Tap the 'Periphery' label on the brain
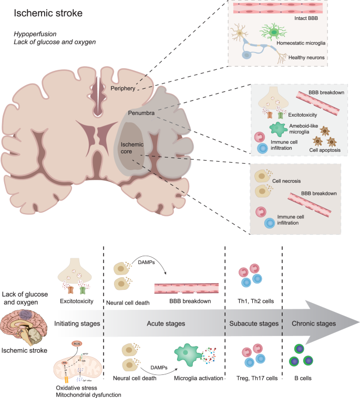123,89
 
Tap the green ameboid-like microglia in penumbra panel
280,129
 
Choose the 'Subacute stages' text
254,323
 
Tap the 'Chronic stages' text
313,323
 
